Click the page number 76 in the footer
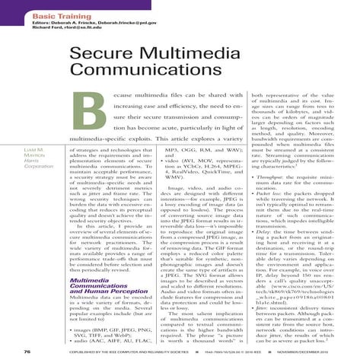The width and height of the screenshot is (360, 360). (27, 352)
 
